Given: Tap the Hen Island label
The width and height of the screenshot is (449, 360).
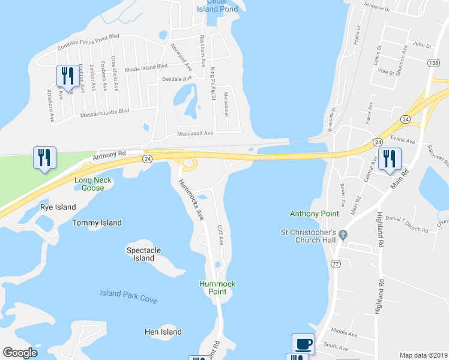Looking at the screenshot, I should (163, 332).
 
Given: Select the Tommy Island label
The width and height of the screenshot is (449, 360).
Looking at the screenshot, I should (97, 223).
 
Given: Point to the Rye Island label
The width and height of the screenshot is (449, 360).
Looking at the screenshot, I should (58, 207).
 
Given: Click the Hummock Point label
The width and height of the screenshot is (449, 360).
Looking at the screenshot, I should (217, 287).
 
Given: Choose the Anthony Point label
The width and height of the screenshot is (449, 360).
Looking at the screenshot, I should (314, 213).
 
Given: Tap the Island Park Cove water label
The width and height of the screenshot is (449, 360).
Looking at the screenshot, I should (128, 295).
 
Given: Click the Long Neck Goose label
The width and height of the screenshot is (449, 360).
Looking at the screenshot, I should (89, 184).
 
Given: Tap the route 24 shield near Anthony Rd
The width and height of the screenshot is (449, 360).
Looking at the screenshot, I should (147, 158).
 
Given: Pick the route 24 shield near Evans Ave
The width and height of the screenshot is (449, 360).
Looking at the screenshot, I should (377, 142).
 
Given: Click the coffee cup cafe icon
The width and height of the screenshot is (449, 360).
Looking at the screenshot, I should (303, 344).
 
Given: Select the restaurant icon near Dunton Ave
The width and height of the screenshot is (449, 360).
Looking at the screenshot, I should (65, 76).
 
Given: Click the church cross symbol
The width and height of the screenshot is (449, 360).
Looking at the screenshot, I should (343, 235).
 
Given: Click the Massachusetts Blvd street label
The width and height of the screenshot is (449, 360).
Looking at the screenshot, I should (103, 112).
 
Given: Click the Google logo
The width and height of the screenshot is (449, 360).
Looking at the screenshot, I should (20, 353).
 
